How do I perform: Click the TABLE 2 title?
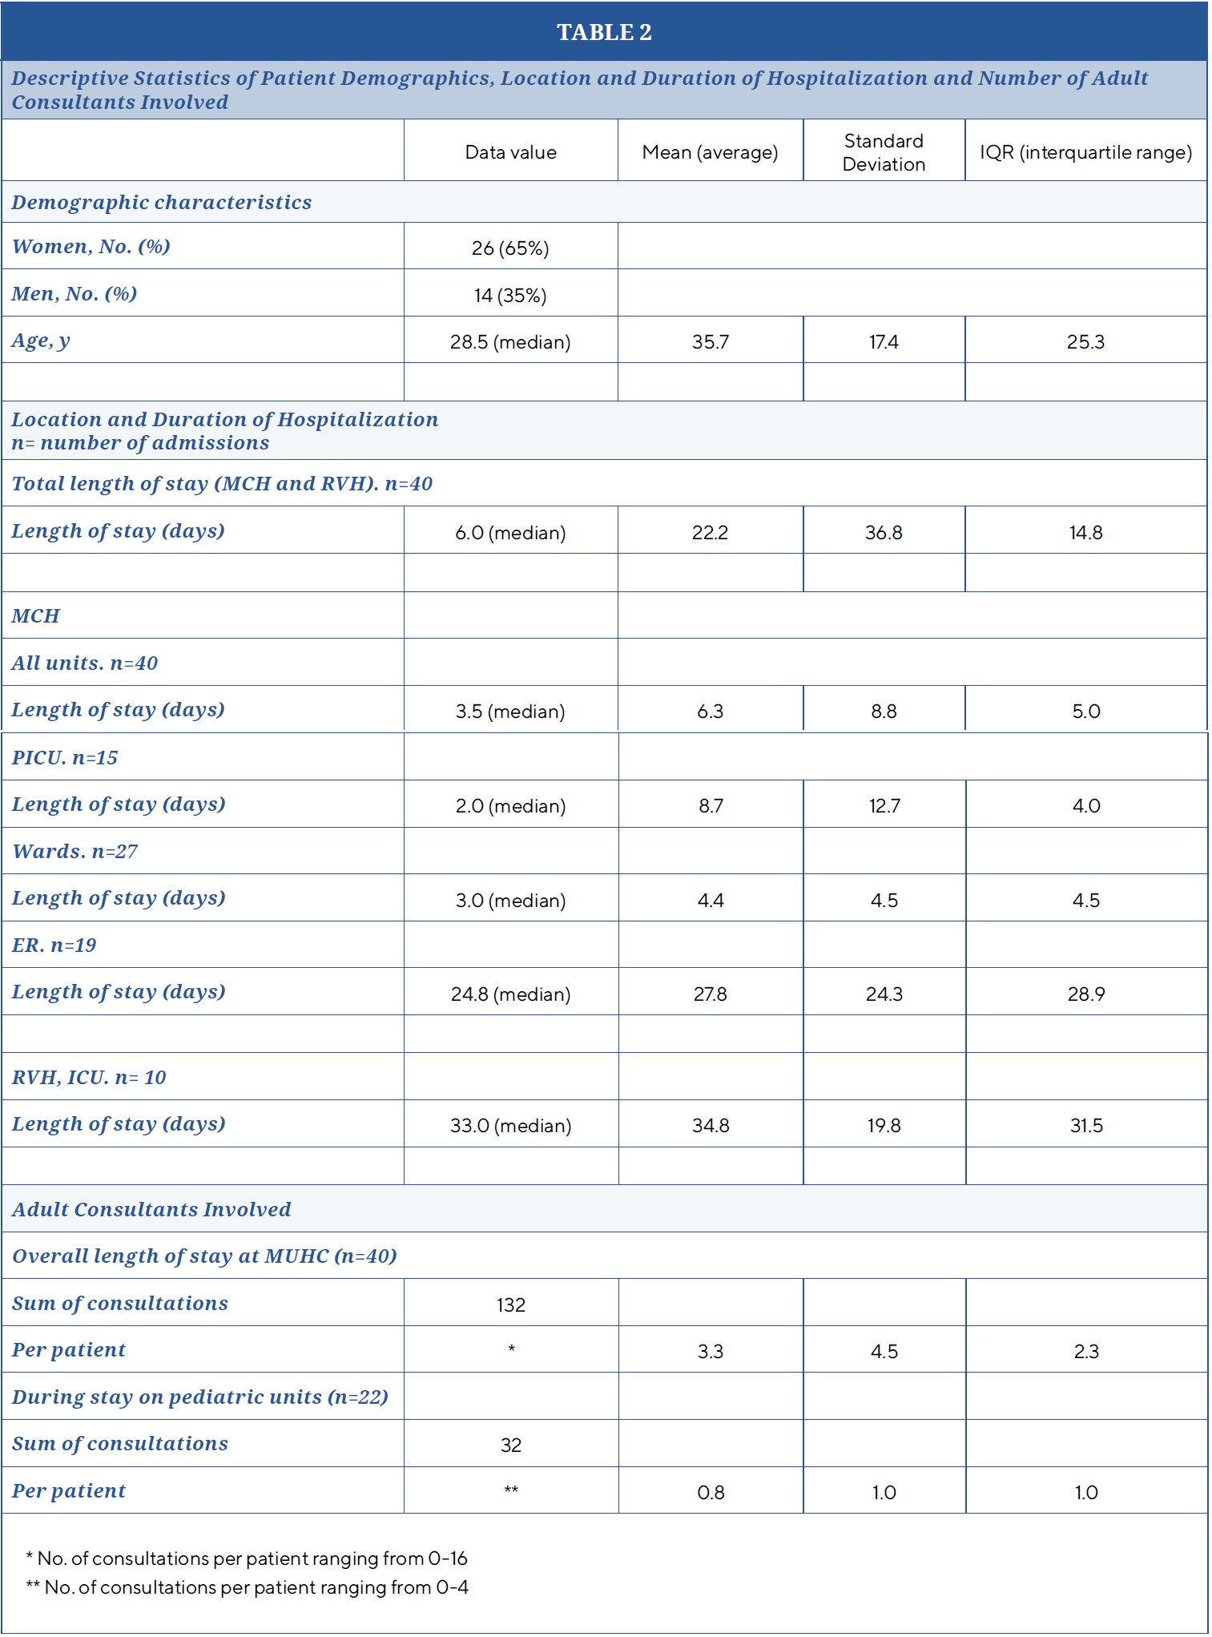tap(604, 32)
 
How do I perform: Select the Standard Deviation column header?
tap(884, 152)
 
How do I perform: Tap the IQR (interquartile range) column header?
tap(1085, 152)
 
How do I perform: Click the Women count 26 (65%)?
tap(510, 248)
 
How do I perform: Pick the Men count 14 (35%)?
tap(510, 296)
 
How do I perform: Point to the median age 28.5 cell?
tap(510, 342)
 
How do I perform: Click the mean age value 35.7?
tap(711, 342)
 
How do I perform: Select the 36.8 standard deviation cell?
tap(884, 533)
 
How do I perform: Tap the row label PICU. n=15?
tap(65, 758)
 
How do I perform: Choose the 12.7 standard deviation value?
tap(884, 806)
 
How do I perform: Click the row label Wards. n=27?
tap(75, 852)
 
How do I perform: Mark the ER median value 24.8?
tap(510, 994)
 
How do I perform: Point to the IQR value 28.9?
tap(1086, 994)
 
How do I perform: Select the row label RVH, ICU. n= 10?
tap(89, 1078)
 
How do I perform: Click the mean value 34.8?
tap(711, 1126)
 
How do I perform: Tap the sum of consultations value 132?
tap(511, 1305)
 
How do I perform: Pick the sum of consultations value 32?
tap(511, 1445)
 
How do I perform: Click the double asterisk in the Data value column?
tap(511, 1490)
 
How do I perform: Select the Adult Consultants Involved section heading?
tap(151, 1210)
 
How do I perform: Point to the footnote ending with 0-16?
tap(247, 1558)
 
